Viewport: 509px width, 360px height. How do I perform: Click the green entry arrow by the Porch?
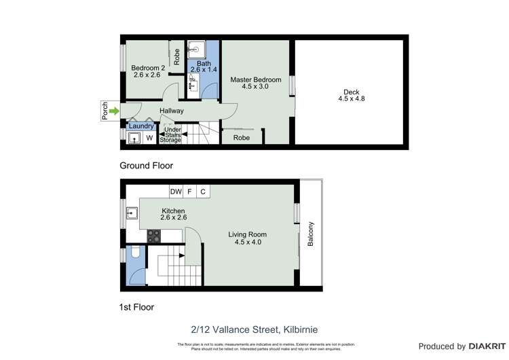tap(114, 111)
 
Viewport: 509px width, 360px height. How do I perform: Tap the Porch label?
tap(105, 111)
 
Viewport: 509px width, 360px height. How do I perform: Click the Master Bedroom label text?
tap(255, 79)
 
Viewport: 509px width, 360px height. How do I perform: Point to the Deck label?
tap(351, 92)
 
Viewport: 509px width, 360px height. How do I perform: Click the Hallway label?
tap(172, 111)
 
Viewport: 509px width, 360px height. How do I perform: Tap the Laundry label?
tap(141, 126)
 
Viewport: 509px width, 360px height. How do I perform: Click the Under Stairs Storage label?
tap(171, 134)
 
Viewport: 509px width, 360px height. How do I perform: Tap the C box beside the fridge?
tap(202, 192)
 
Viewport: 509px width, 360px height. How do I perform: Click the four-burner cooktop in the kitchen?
tap(154, 236)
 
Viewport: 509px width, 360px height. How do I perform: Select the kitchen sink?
tap(132, 216)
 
